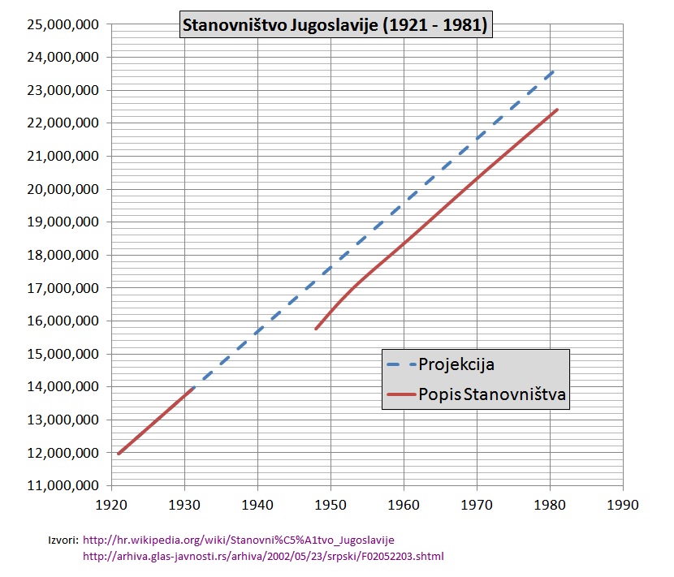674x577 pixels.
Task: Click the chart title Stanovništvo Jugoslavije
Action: [335, 25]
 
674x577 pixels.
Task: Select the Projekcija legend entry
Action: [456, 364]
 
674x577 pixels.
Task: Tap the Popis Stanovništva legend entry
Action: [492, 395]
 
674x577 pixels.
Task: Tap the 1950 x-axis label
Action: [331, 504]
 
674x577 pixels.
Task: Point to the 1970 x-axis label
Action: [477, 504]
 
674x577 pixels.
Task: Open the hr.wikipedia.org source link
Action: [240, 540]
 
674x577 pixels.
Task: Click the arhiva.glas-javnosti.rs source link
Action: [264, 557]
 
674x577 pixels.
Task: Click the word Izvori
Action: [63, 540]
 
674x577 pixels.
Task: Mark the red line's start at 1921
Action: [119, 454]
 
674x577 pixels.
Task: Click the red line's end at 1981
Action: [557, 110]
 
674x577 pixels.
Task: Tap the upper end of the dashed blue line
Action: [554, 71]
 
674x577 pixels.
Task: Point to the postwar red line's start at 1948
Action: [316, 329]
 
